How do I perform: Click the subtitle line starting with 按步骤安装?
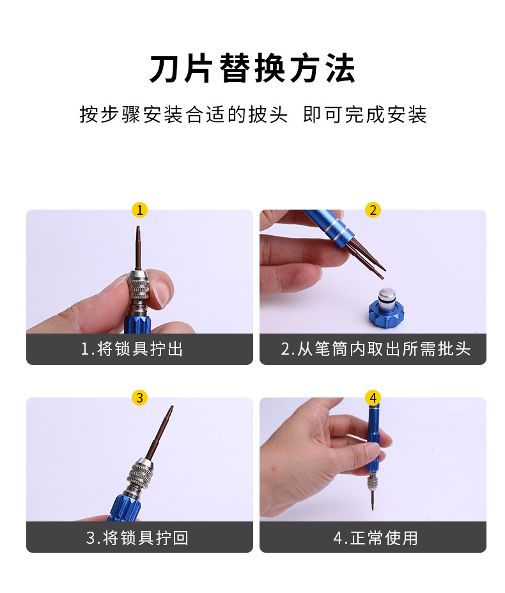pyautogui.click(x=252, y=115)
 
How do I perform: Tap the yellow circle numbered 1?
pyautogui.click(x=139, y=210)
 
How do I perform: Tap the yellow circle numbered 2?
pyautogui.click(x=373, y=210)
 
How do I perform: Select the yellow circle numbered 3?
pyautogui.click(x=139, y=397)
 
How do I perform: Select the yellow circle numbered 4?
pyautogui.click(x=373, y=397)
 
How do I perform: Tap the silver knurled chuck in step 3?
pyautogui.click(x=142, y=477)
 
